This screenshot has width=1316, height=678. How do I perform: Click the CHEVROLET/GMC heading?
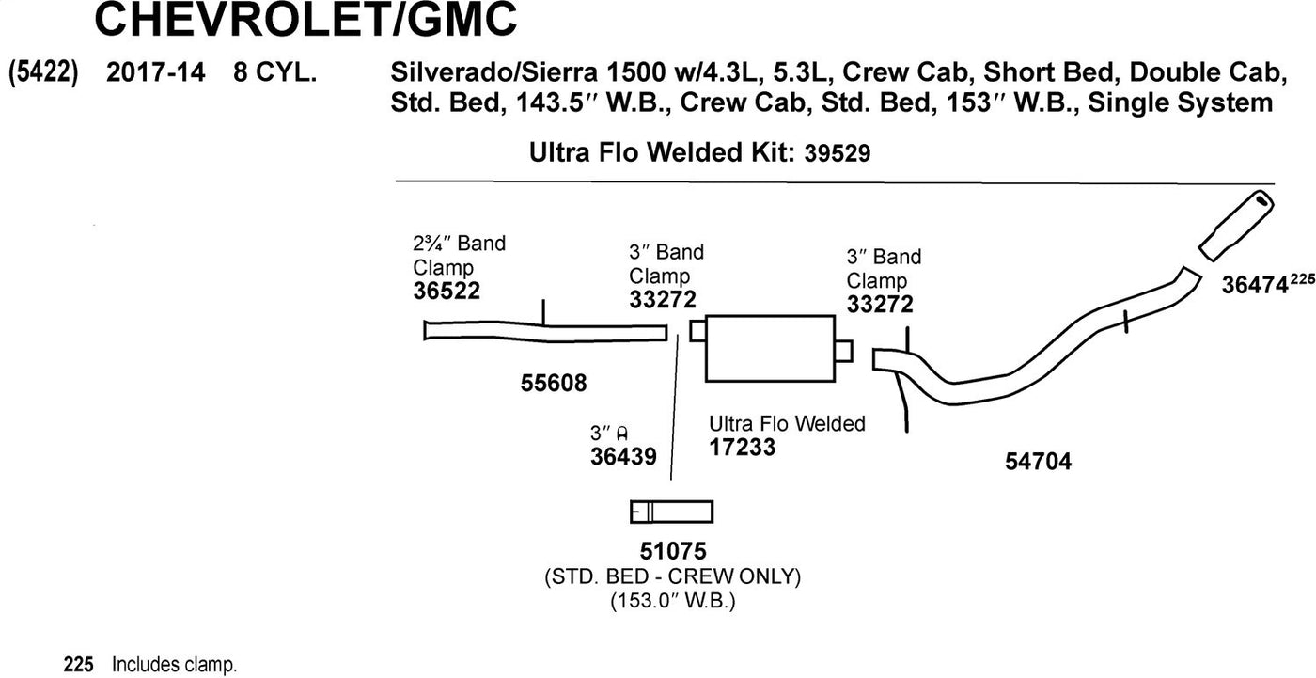coord(305,21)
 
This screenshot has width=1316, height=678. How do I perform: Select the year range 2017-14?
coord(155,73)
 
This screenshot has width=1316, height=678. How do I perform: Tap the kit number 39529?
coord(838,153)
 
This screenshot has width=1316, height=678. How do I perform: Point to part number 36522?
coord(446,292)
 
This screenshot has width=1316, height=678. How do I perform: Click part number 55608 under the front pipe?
coord(553,383)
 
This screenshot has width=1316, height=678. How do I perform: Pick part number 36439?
coord(623,455)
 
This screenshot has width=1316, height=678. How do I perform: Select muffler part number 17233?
coord(743,448)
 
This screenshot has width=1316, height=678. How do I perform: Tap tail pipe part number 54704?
coord(1038,462)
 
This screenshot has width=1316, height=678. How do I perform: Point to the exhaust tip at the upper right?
coord(1234,225)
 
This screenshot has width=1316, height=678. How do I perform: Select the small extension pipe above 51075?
coord(671,512)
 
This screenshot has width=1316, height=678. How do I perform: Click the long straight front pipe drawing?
coord(545,330)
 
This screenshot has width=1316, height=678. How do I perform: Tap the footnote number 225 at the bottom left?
coord(78,665)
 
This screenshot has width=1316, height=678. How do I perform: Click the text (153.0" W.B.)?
coord(672,599)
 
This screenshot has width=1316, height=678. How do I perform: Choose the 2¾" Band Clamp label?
coord(459,255)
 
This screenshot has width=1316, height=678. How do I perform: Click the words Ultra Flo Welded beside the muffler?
coord(787,424)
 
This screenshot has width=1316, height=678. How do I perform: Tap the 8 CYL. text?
coord(274,73)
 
